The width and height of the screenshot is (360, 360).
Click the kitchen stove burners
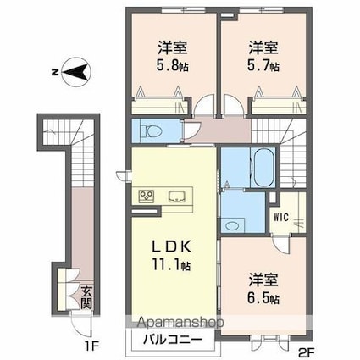click(x=147, y=197)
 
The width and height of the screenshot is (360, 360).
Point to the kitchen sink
click(x=177, y=197)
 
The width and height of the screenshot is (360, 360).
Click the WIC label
click(x=281, y=218)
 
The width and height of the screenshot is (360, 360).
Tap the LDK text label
click(x=172, y=247)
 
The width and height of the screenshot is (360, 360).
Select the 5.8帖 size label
click(x=173, y=66)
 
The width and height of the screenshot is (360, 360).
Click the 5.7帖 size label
click(x=263, y=66)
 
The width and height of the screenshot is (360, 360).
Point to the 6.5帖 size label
click(x=263, y=298)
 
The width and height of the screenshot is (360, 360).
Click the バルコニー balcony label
click(x=172, y=340)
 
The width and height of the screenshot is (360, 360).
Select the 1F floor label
click(x=91, y=346)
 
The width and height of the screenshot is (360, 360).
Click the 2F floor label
click(x=307, y=352)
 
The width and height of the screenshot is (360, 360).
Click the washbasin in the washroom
click(x=233, y=225)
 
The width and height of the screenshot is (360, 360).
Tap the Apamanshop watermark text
click(x=180, y=322)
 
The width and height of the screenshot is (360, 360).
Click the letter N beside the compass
click(x=54, y=73)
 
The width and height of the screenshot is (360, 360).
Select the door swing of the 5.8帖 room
click(x=204, y=104)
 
